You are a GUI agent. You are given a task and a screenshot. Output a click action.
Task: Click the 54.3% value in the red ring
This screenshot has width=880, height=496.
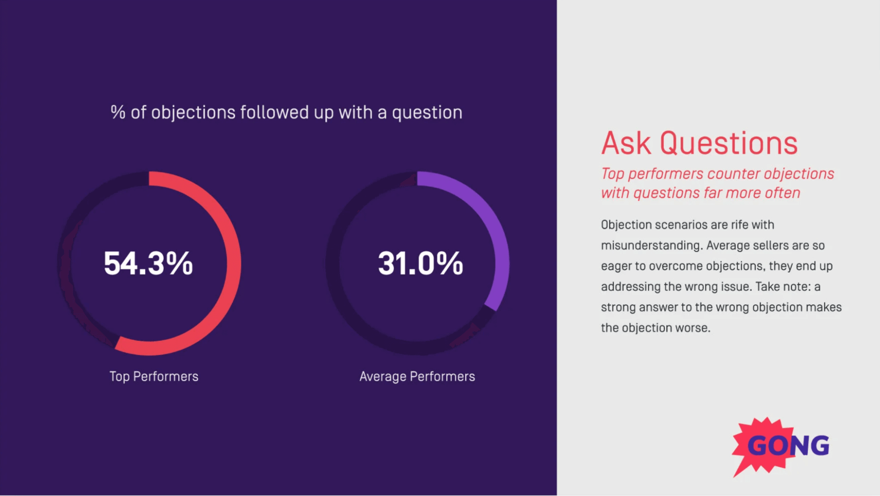point(148,263)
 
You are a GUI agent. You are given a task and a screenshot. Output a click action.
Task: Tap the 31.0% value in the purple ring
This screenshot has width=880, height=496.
point(420,263)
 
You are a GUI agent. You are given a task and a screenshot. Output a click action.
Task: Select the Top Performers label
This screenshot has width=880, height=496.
point(154,376)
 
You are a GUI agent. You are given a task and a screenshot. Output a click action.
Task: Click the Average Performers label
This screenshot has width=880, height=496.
point(417,376)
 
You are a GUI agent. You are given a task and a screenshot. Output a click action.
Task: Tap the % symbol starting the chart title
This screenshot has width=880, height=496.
point(118,112)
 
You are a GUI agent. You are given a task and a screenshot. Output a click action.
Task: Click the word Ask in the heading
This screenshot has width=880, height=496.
point(626,143)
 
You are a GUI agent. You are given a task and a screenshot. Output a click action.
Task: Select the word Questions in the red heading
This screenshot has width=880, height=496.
point(728,143)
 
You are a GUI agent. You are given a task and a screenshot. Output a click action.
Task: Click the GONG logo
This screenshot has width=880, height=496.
point(781,445)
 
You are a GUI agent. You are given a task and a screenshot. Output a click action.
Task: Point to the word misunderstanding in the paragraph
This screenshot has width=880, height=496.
point(651,245)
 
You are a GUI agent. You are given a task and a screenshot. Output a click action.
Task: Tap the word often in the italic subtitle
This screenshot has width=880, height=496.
point(782,193)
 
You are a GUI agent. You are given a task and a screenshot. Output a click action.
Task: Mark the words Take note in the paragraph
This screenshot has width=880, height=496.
point(783,287)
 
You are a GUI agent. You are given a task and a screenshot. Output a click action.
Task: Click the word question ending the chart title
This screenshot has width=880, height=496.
point(427,113)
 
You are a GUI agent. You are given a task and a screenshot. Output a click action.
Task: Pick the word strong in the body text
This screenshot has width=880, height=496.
point(618,307)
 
